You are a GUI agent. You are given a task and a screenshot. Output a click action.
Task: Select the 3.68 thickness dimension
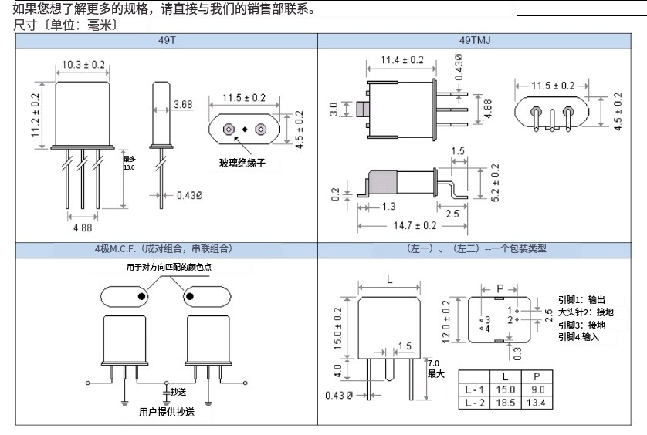[183, 104]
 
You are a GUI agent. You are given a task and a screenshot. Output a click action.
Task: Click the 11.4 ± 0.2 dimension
[402, 60]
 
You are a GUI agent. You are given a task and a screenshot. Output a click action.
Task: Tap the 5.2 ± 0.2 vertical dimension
[483, 182]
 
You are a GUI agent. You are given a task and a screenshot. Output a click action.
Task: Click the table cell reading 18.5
[506, 403]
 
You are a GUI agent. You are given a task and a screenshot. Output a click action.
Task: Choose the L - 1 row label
[474, 390]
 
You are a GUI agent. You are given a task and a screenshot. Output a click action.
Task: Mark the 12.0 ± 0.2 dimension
[445, 320]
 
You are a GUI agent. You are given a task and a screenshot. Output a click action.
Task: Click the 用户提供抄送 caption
[167, 412]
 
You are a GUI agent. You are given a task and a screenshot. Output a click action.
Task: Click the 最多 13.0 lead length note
[128, 163]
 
